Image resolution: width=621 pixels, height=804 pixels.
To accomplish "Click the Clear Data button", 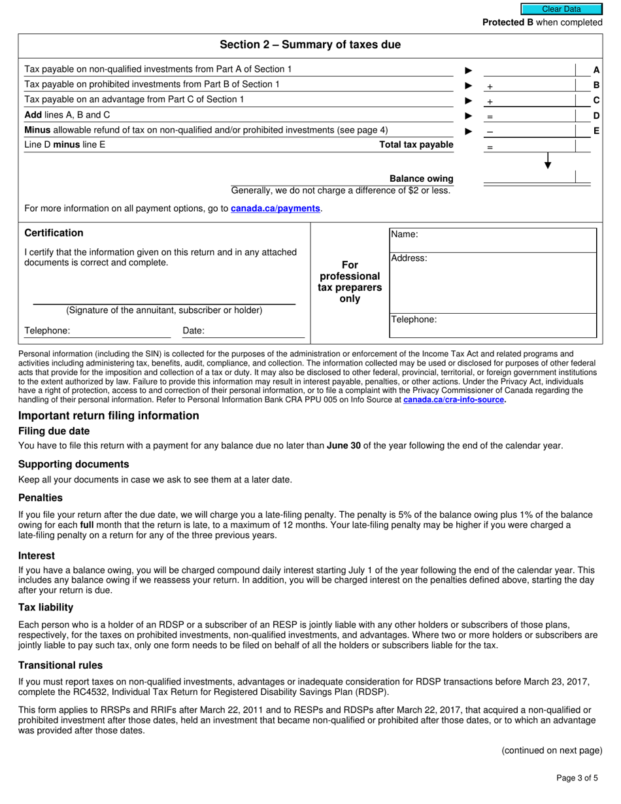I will coord(561,9).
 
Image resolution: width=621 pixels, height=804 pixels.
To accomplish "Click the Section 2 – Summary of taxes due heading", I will coord(310,45).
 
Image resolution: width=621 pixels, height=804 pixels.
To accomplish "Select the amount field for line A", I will coord(528,70).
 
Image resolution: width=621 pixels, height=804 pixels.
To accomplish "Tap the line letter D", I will coord(596,116).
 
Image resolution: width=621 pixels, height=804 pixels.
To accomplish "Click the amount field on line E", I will coord(528,131).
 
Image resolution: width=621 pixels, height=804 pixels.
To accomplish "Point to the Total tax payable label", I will coord(416,144).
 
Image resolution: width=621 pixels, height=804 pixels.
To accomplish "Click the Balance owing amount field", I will coord(528,178).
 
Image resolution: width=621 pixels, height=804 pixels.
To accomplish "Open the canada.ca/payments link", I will coord(275,209).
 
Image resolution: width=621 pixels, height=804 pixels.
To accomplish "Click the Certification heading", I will coord(54,233).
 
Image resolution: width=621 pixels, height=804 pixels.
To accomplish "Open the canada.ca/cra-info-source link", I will coord(454,400).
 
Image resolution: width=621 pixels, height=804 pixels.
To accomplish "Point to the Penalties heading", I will coord(41,497).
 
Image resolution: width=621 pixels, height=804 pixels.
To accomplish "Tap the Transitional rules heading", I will coord(60,665).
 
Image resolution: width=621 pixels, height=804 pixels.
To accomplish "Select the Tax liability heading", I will coord(46,607).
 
